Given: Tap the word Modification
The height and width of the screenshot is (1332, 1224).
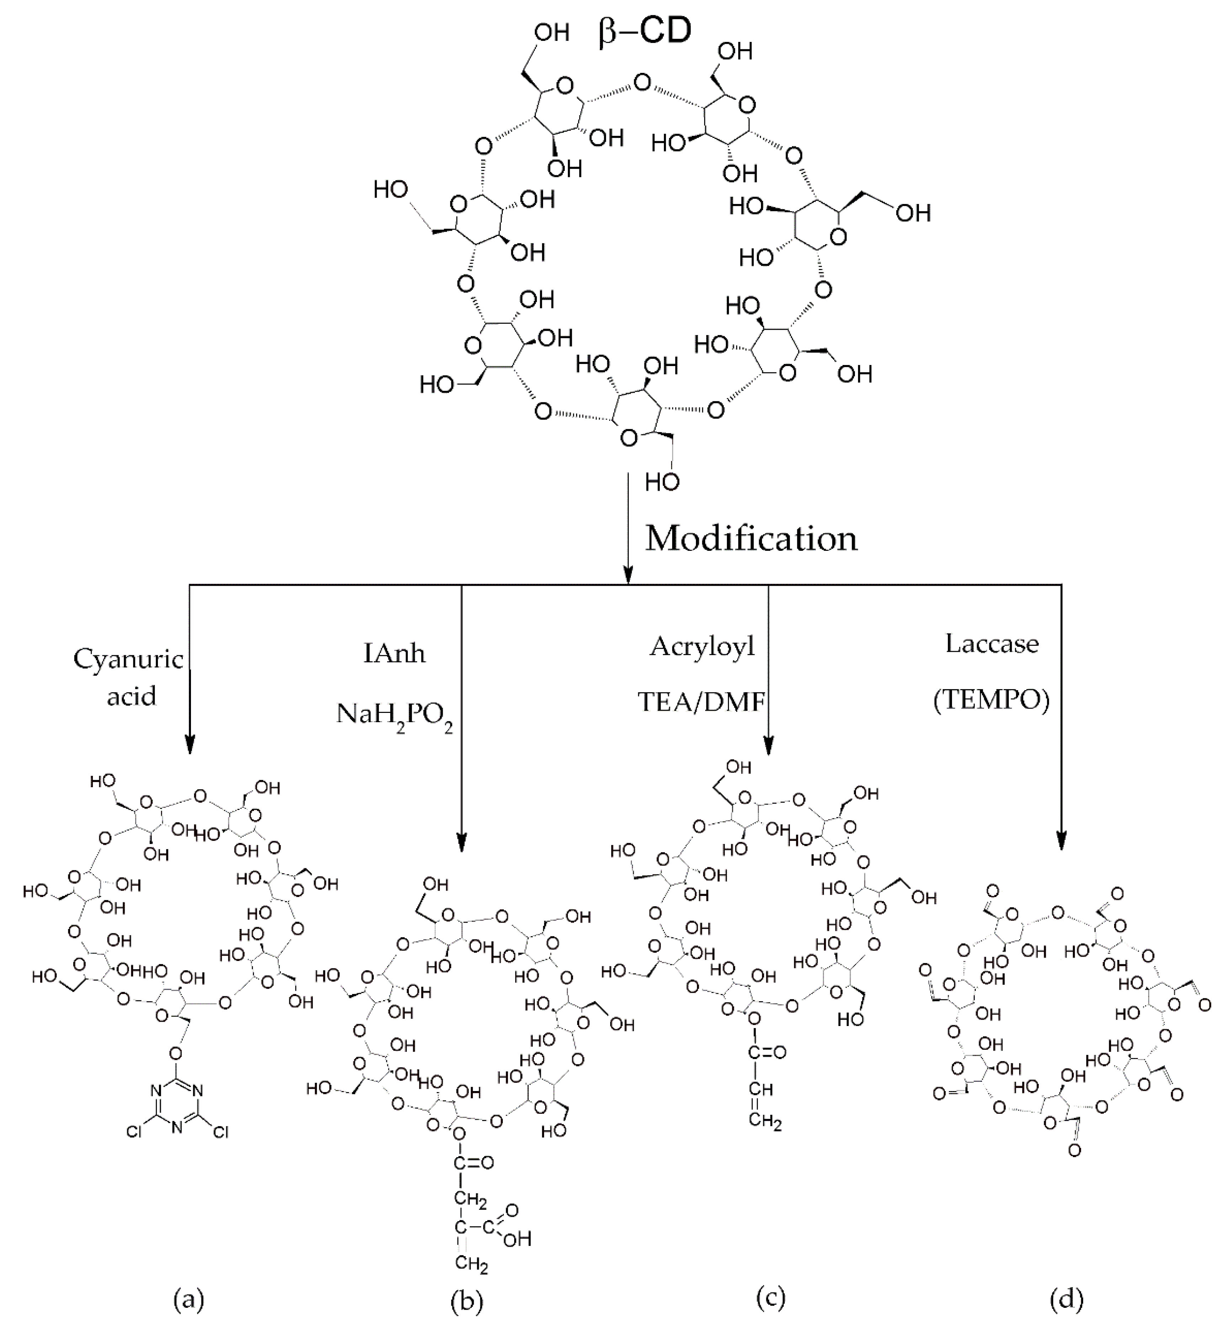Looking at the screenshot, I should (751, 538).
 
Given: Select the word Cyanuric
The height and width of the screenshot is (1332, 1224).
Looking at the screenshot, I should (128, 659).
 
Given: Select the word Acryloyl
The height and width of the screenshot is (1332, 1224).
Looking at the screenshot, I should (702, 646).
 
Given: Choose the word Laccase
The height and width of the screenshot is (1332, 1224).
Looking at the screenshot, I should (991, 644).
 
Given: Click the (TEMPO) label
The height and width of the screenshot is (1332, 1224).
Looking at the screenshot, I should (991, 700).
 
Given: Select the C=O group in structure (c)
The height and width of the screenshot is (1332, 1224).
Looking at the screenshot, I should (767, 1052).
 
